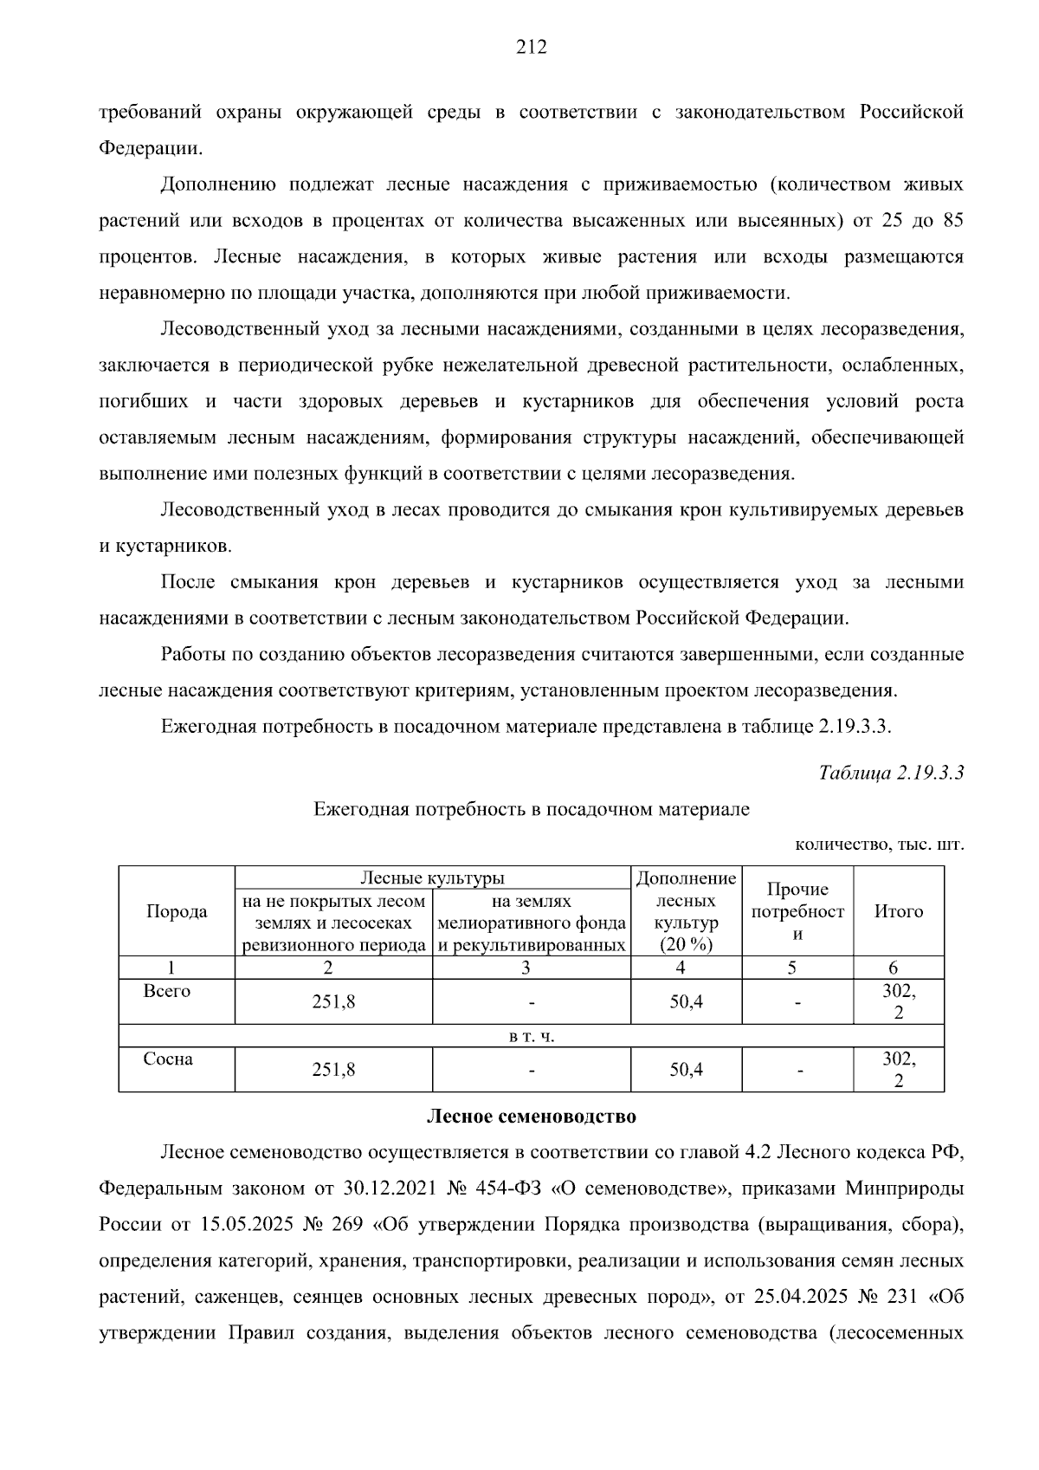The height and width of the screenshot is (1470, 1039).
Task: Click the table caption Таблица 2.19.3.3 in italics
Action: point(891,773)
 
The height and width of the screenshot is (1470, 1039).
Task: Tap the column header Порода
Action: point(177,911)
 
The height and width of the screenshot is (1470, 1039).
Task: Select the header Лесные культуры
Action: point(432,877)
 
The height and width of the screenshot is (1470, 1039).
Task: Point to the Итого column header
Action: point(898,911)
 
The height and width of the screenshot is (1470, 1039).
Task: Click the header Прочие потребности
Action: point(797,911)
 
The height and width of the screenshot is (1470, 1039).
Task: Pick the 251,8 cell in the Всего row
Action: point(333,1002)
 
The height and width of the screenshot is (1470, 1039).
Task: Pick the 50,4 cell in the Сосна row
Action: point(686,1070)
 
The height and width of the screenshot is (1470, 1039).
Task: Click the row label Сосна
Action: point(168,1059)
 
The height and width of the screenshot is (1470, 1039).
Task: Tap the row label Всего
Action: point(167,991)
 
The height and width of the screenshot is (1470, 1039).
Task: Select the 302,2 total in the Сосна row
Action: point(898,1070)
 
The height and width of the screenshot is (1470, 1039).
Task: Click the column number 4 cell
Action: point(686,968)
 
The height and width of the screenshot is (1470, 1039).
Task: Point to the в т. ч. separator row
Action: point(531,1037)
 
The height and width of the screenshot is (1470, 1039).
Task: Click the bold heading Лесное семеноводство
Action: point(531,1117)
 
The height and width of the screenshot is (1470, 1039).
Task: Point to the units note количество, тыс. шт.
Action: point(878,845)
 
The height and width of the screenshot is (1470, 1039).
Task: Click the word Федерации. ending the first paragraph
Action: point(151,148)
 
